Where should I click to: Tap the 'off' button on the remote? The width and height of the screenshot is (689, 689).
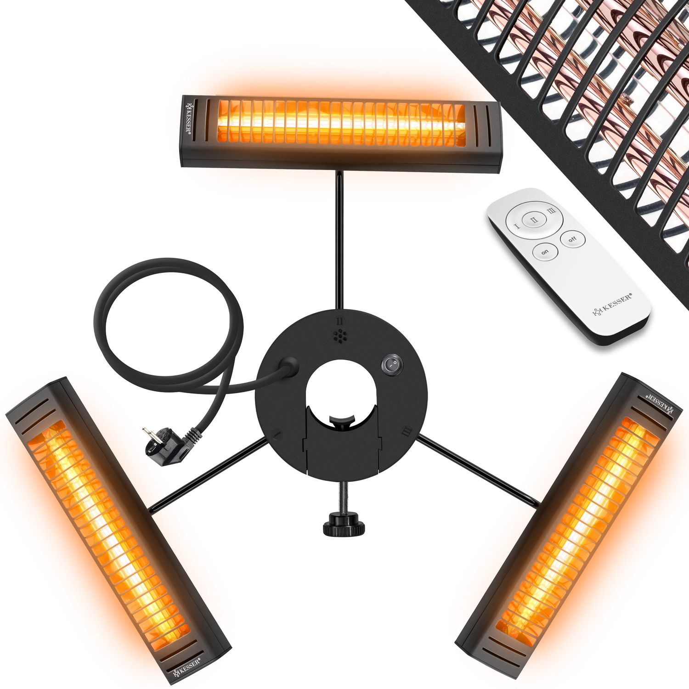[x=572, y=239]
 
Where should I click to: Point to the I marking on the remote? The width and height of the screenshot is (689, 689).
[x=516, y=226]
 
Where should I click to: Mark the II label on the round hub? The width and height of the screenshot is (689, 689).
[x=339, y=319]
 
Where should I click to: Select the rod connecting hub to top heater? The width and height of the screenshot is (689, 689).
[x=339, y=239]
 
